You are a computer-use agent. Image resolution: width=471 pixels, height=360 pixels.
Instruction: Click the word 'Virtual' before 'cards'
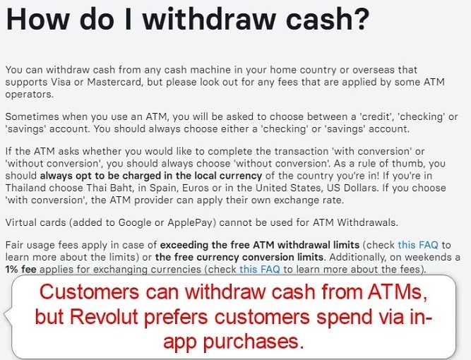coord(22,222)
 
